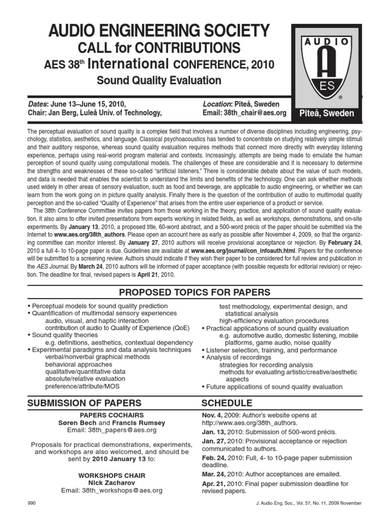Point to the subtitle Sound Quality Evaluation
pos(159,81)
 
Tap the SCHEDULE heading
pos(226,403)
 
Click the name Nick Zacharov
pos(111,483)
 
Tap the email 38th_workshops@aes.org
pos(111,491)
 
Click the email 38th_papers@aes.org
pos(111,430)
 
